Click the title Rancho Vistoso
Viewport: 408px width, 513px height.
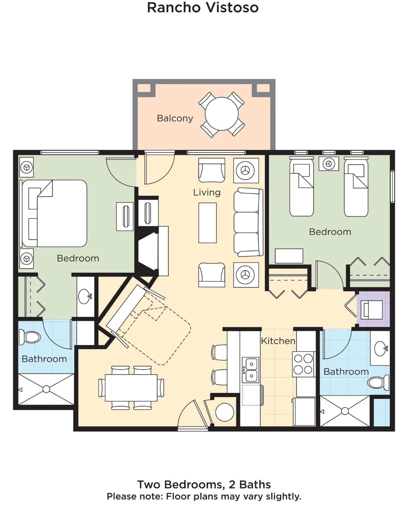(203, 8)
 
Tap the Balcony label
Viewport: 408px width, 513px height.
(175, 118)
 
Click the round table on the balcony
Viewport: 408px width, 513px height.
(222, 114)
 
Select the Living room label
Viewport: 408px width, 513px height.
(207, 192)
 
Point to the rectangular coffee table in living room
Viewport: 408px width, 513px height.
(207, 223)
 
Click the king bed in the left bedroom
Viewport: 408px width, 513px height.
(55, 213)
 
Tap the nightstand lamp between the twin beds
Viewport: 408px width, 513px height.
(329, 164)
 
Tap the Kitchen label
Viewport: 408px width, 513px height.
(278, 341)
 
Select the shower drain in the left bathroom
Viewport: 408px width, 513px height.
(46, 389)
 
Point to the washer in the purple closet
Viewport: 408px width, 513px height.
(373, 310)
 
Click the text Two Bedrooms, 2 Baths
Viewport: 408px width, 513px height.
(204, 484)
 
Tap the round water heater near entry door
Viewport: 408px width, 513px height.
(224, 412)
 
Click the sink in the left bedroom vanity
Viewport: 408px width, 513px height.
(85, 296)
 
